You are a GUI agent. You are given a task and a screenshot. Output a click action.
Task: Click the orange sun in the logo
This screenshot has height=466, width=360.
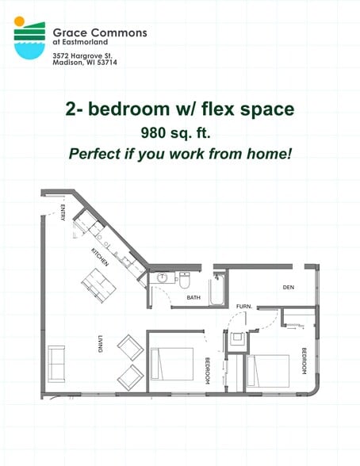(x=20, y=21)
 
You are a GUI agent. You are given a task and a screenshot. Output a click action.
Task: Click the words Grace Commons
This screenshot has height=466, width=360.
(x=100, y=32)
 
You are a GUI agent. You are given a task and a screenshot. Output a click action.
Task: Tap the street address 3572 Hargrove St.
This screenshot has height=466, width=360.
(x=82, y=55)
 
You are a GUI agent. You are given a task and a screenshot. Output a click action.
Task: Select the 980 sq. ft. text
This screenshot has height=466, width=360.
(x=176, y=133)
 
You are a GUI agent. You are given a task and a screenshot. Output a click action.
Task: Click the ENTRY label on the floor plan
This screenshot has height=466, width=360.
(x=63, y=212)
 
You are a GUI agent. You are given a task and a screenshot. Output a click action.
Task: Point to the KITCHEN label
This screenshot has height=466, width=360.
(x=100, y=257)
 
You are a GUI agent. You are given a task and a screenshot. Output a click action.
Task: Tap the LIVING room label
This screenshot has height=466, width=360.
(x=101, y=344)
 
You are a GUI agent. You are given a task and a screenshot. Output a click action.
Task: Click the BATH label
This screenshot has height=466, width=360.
(x=193, y=297)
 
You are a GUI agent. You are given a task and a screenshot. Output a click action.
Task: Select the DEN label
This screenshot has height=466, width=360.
(x=289, y=288)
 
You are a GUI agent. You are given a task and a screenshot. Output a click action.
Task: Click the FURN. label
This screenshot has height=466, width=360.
(x=244, y=307)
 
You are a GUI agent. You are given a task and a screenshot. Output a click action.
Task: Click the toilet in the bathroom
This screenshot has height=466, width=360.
(x=184, y=280)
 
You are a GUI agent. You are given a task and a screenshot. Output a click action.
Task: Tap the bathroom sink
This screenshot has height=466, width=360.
(x=163, y=278)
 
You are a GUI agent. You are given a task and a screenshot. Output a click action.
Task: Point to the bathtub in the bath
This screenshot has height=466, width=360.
(x=216, y=289)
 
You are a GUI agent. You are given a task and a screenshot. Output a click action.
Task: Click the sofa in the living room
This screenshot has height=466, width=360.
(x=56, y=364)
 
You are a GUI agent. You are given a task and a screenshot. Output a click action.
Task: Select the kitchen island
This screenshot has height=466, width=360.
(x=98, y=285)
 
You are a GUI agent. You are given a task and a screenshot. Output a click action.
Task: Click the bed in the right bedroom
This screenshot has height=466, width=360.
(x=268, y=371)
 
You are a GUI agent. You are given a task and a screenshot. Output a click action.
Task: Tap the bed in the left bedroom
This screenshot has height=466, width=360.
(x=172, y=364)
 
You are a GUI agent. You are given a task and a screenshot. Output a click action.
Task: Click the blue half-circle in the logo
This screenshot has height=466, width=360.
(x=29, y=50)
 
